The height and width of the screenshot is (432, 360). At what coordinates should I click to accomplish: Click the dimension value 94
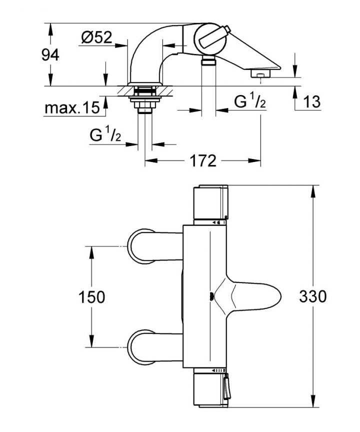coord(50,55)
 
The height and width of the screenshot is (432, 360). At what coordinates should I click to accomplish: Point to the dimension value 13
coord(311,102)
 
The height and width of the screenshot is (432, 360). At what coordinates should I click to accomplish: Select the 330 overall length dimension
coord(312,296)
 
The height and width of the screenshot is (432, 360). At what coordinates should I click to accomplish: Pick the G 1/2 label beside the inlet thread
coord(106,134)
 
